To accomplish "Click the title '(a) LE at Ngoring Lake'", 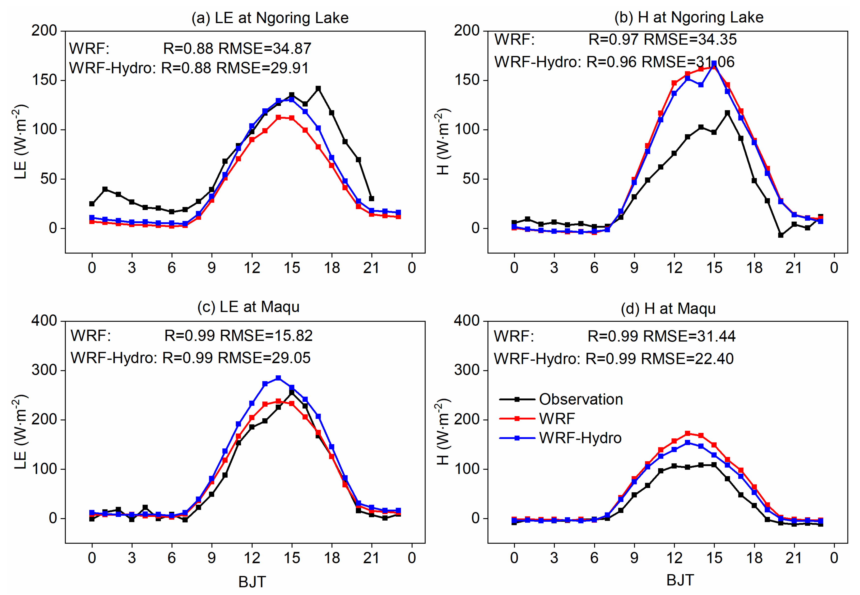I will coord(270,18).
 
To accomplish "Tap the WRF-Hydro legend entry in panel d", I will coord(580,438).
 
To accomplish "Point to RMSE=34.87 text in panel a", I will coord(265,48).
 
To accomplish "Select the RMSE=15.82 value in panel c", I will coord(266,336).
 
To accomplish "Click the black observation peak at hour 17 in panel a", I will coord(318,89).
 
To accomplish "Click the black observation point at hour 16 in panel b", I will coord(727,113).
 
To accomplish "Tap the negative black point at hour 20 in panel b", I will coord(781,235).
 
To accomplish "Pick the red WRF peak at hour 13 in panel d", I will coord(688,433).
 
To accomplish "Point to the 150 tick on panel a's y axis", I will coord(44,80).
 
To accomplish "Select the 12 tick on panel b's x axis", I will coord(674,268).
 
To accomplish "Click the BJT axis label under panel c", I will coord(252,581).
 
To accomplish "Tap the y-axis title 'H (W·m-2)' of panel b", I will coord(443,142).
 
